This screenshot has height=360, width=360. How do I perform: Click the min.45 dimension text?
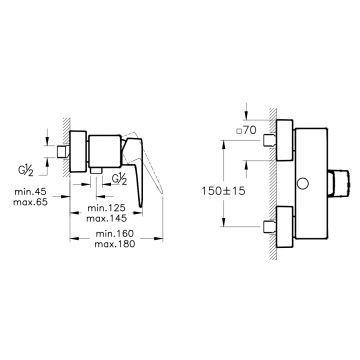coord(30,192)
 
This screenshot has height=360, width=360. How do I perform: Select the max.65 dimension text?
coord(30,202)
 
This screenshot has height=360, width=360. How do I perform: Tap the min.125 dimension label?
coord(106,208)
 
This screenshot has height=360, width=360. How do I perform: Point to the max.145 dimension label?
coord(106,218)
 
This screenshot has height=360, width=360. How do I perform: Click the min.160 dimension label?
coord(115,233)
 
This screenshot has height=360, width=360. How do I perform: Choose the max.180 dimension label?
coord(115,244)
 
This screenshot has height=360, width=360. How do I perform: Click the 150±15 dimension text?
coord(223,191)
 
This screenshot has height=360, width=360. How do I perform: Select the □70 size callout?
coord(246,131)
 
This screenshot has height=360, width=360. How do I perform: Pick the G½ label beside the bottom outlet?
coord(119,179)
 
